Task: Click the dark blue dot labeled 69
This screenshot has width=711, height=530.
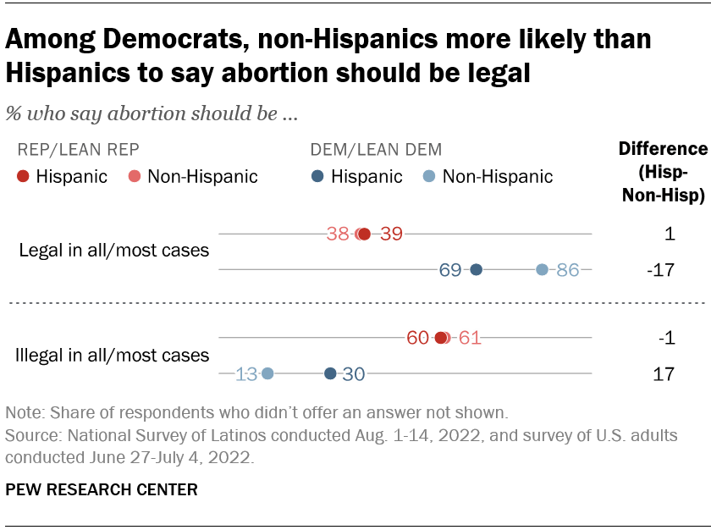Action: tap(476, 270)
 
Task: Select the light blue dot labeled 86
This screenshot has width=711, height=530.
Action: tap(542, 270)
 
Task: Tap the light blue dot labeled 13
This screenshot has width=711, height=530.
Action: tap(267, 373)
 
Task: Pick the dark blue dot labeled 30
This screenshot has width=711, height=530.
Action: tap(330, 373)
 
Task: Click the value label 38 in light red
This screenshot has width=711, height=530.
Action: tap(338, 235)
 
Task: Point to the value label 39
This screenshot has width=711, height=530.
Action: tap(391, 235)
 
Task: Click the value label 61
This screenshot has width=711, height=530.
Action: tap(470, 338)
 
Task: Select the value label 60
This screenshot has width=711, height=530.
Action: tap(417, 338)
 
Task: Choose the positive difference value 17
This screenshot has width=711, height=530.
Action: tap(665, 373)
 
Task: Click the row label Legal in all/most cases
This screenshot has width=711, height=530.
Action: tap(113, 251)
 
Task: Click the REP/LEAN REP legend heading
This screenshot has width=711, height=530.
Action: tap(78, 150)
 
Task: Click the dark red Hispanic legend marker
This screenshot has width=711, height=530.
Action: tap(23, 176)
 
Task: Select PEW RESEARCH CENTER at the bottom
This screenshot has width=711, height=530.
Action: tap(102, 489)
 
